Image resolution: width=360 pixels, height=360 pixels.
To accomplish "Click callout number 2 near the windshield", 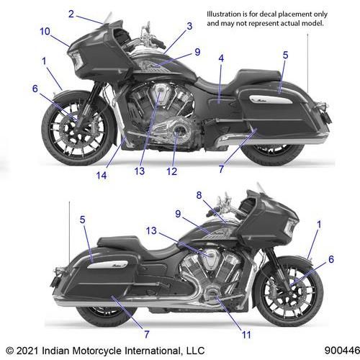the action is (x=71, y=14).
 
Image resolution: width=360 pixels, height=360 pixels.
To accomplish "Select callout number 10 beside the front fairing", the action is (x=45, y=31).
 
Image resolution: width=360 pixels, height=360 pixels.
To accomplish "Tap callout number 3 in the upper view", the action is (x=189, y=26).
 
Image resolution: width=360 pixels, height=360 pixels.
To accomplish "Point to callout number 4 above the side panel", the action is (x=221, y=58).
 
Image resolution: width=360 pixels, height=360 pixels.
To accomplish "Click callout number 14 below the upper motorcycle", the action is (x=102, y=176).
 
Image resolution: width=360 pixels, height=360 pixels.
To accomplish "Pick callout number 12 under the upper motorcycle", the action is (x=172, y=171).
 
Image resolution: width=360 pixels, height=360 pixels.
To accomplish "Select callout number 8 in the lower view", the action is (x=199, y=195).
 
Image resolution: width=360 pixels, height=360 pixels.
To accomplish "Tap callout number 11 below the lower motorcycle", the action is (x=246, y=335).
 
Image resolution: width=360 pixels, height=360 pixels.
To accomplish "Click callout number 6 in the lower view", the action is (x=331, y=259).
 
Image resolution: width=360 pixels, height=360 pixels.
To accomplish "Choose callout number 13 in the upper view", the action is (x=140, y=171).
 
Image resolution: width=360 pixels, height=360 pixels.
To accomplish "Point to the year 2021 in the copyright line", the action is (x=27, y=351).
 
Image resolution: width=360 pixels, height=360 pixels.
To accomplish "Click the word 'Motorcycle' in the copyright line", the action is (x=96, y=351).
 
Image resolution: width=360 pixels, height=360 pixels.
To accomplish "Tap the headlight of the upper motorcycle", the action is (x=77, y=60).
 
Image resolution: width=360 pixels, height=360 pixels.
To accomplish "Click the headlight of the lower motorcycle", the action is (x=290, y=227).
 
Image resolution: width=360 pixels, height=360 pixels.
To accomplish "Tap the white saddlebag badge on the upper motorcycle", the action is (x=271, y=99).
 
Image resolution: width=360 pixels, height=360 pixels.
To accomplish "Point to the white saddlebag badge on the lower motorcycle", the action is (x=109, y=264).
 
